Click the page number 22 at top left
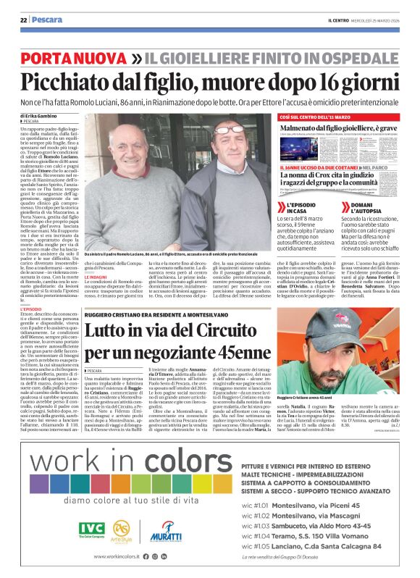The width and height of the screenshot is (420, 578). [24, 20]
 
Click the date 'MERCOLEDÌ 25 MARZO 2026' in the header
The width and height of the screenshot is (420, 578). [378, 20]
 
